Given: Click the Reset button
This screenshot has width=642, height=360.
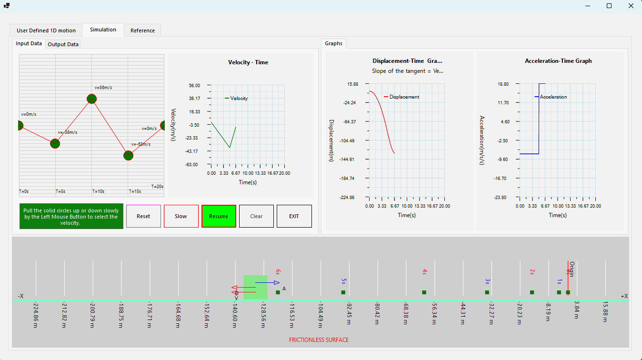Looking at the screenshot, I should coord(143,216).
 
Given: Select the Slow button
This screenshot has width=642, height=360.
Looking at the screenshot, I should coord(181,216).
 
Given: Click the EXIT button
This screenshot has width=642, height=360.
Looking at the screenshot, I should coord(294,216).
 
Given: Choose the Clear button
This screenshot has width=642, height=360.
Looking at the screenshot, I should coord(256,216).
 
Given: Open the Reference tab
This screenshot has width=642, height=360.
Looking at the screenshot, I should coord(142,30).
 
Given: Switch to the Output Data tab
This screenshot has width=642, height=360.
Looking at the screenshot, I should coord(63,44).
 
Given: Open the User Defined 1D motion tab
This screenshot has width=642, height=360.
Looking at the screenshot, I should coord(46,30).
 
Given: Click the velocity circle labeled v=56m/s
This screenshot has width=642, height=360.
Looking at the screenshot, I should coord(92,99).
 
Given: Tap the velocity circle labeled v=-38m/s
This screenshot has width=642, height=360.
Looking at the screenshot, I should coord(55,143).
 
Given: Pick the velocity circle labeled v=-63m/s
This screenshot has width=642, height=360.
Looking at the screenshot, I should coord(128,155).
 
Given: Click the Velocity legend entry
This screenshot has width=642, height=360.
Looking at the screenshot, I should coord(239,99).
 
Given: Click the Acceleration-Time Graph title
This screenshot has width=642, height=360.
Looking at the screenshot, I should coord(558,61).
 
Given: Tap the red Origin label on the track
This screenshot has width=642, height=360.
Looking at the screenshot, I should coord(572,269).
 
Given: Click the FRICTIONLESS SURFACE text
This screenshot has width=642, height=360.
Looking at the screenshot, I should coord(319,340).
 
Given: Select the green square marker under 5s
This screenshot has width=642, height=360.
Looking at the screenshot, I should coord(343,292).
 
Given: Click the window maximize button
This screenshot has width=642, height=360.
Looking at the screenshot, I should coord(609,6).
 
